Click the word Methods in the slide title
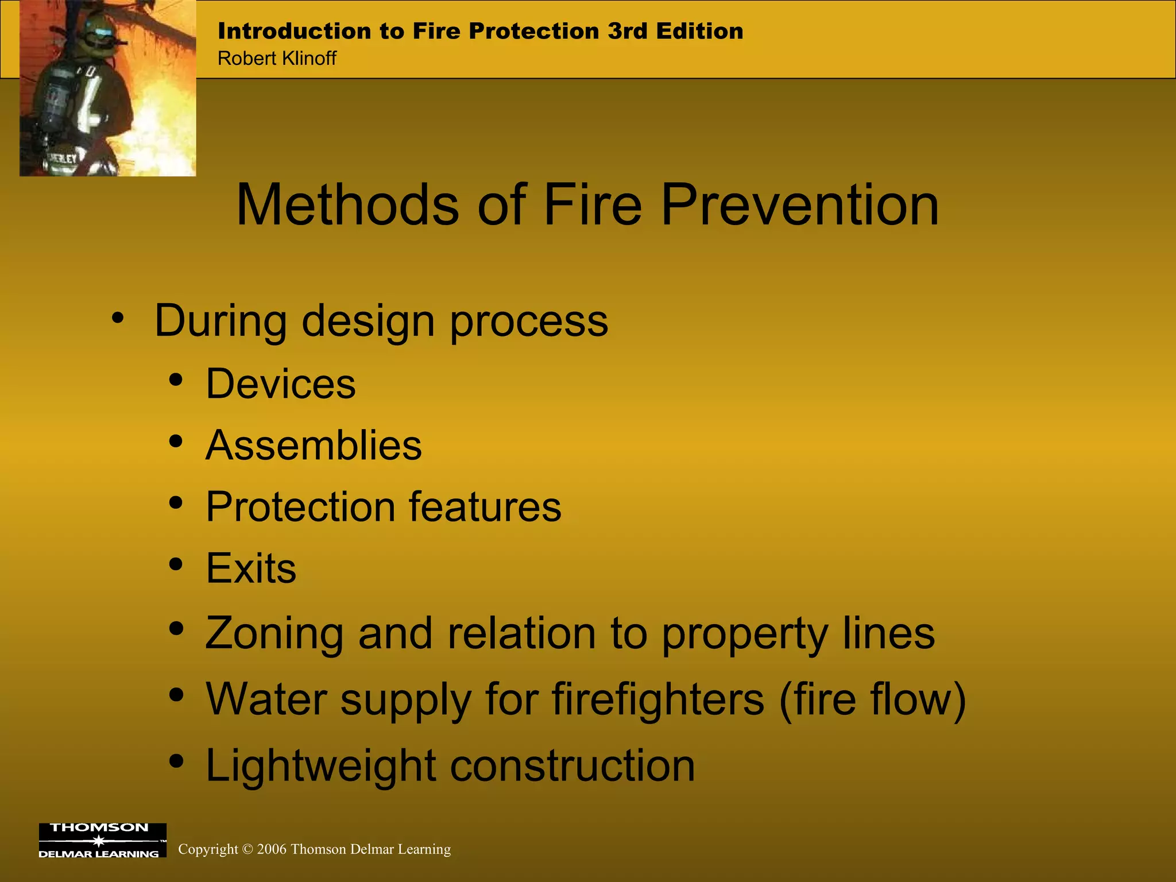point(347,205)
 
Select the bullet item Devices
point(281,384)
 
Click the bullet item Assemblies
point(314,445)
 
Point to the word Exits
point(251,568)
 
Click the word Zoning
point(274,634)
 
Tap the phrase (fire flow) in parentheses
point(872,699)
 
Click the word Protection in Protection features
point(300,507)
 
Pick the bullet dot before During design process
point(118,318)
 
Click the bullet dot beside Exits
point(176,564)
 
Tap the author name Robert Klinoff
point(277,59)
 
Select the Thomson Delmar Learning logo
point(102,840)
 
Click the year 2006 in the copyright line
point(272,849)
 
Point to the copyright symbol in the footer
point(247,849)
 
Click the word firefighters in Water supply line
point(658,699)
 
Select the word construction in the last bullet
point(572,765)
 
